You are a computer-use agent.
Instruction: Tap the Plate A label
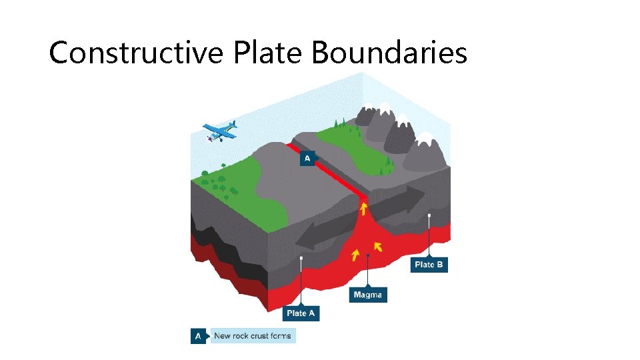(301, 313)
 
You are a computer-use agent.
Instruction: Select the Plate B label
(429, 265)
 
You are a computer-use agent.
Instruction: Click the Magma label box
(368, 295)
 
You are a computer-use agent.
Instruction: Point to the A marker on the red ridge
(307, 158)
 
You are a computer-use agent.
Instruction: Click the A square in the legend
(197, 336)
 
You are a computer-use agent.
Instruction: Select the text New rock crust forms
(253, 336)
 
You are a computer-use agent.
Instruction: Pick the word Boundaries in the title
(389, 53)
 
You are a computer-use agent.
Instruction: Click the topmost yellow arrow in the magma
(364, 210)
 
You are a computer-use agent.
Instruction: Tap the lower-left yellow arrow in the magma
(355, 255)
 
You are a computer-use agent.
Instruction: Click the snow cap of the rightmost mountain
(424, 139)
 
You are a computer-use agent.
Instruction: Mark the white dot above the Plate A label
(302, 258)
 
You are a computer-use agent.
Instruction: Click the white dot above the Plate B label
(429, 215)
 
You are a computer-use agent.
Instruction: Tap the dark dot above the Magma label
(368, 256)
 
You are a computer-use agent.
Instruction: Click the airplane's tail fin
(233, 125)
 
